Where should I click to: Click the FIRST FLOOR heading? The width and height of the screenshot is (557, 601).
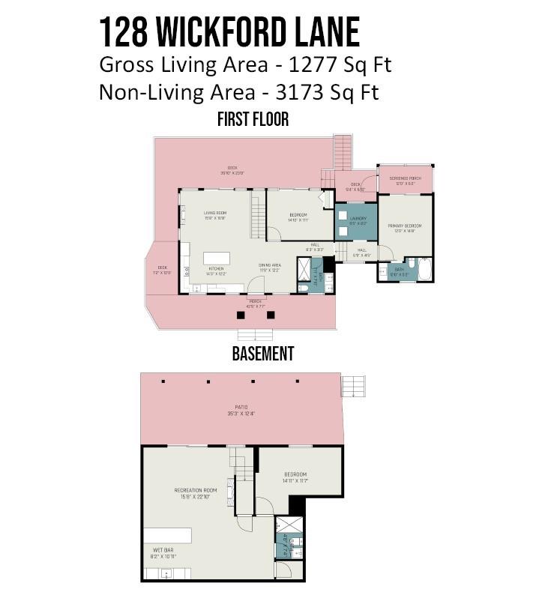pyautogui.click(x=253, y=119)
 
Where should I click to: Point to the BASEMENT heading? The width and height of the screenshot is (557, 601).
pyautogui.click(x=262, y=354)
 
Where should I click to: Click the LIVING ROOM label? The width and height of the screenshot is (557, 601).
pyautogui.click(x=215, y=213)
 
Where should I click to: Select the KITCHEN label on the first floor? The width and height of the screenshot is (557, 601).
pyautogui.click(x=216, y=268)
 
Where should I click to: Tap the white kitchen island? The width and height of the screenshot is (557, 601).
pyautogui.click(x=216, y=258)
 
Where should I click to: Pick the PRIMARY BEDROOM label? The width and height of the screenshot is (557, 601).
pyautogui.click(x=404, y=226)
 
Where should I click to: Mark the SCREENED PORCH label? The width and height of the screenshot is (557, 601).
pyautogui.click(x=405, y=178)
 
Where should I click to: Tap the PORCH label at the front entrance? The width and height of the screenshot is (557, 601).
pyautogui.click(x=256, y=302)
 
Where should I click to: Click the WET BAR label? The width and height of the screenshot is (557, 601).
pyautogui.click(x=164, y=549)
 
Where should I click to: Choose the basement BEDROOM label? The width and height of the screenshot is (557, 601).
pyautogui.click(x=295, y=474)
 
